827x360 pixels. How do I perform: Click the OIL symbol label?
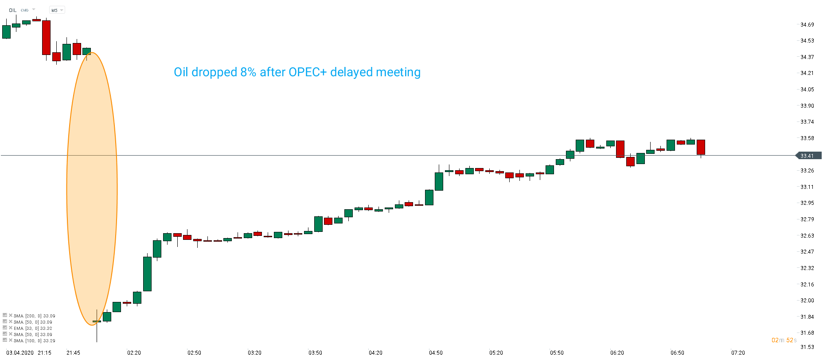(12, 10)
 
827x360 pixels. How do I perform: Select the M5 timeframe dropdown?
(56, 10)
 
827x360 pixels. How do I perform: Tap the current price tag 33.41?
(807, 156)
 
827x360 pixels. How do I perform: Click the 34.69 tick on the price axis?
(807, 25)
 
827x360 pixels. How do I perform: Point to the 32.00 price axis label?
(807, 301)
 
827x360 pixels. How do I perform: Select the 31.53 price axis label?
(807, 347)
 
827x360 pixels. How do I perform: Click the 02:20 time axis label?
(134, 353)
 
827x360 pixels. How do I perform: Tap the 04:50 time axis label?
(436, 353)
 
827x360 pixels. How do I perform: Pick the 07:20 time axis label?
(738, 353)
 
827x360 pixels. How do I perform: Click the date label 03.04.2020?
(20, 353)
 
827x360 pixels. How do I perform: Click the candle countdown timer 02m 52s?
(784, 340)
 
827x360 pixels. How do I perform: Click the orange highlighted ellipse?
(92, 189)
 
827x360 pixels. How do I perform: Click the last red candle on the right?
(701, 147)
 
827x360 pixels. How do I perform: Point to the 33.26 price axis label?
(807, 171)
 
